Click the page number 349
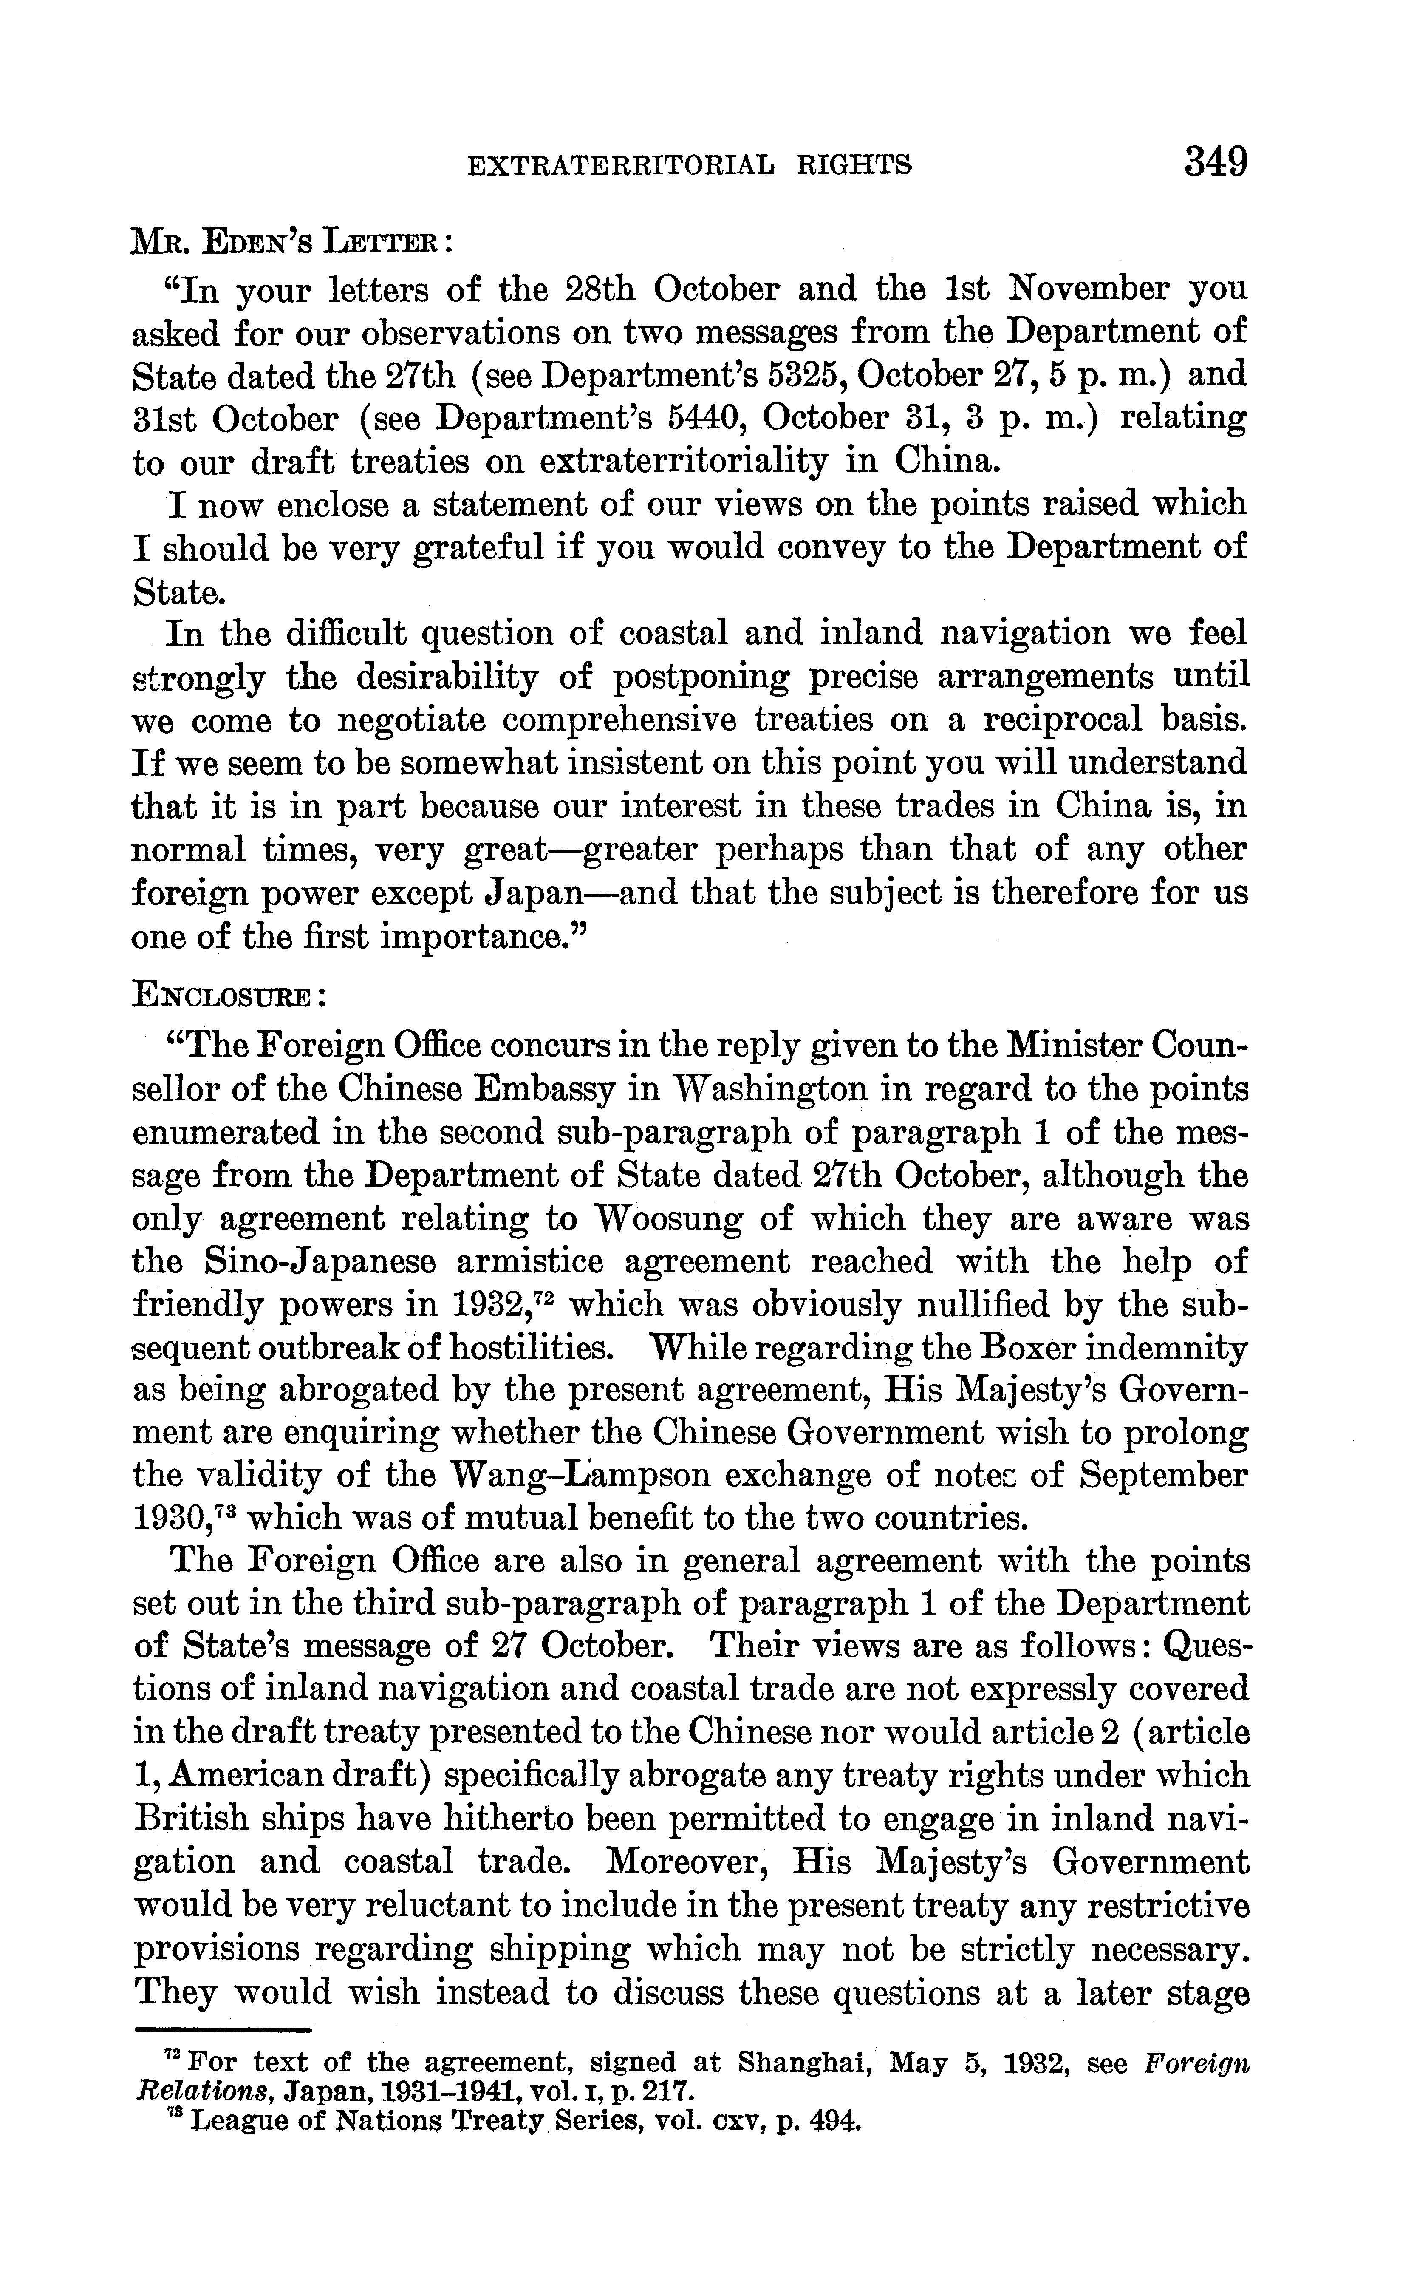coord(1216,163)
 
